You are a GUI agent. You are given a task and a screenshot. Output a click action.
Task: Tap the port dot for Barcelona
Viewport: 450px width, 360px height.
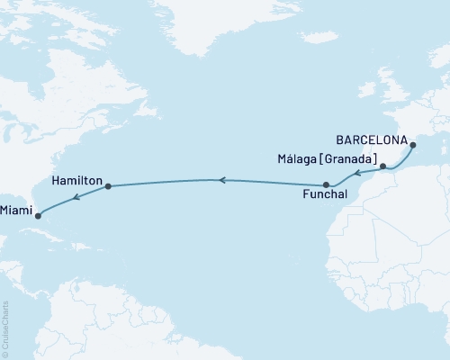[412, 145]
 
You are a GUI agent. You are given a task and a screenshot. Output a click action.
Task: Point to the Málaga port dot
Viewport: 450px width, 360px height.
[382, 166]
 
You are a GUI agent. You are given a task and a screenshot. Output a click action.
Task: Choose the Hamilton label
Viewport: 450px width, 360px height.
[76, 179]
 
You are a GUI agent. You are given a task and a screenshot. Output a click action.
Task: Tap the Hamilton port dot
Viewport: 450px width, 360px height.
[108, 187]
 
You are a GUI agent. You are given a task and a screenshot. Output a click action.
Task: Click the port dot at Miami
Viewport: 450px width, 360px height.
[38, 215]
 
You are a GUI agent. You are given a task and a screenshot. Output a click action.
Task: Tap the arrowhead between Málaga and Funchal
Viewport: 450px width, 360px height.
[356, 173]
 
